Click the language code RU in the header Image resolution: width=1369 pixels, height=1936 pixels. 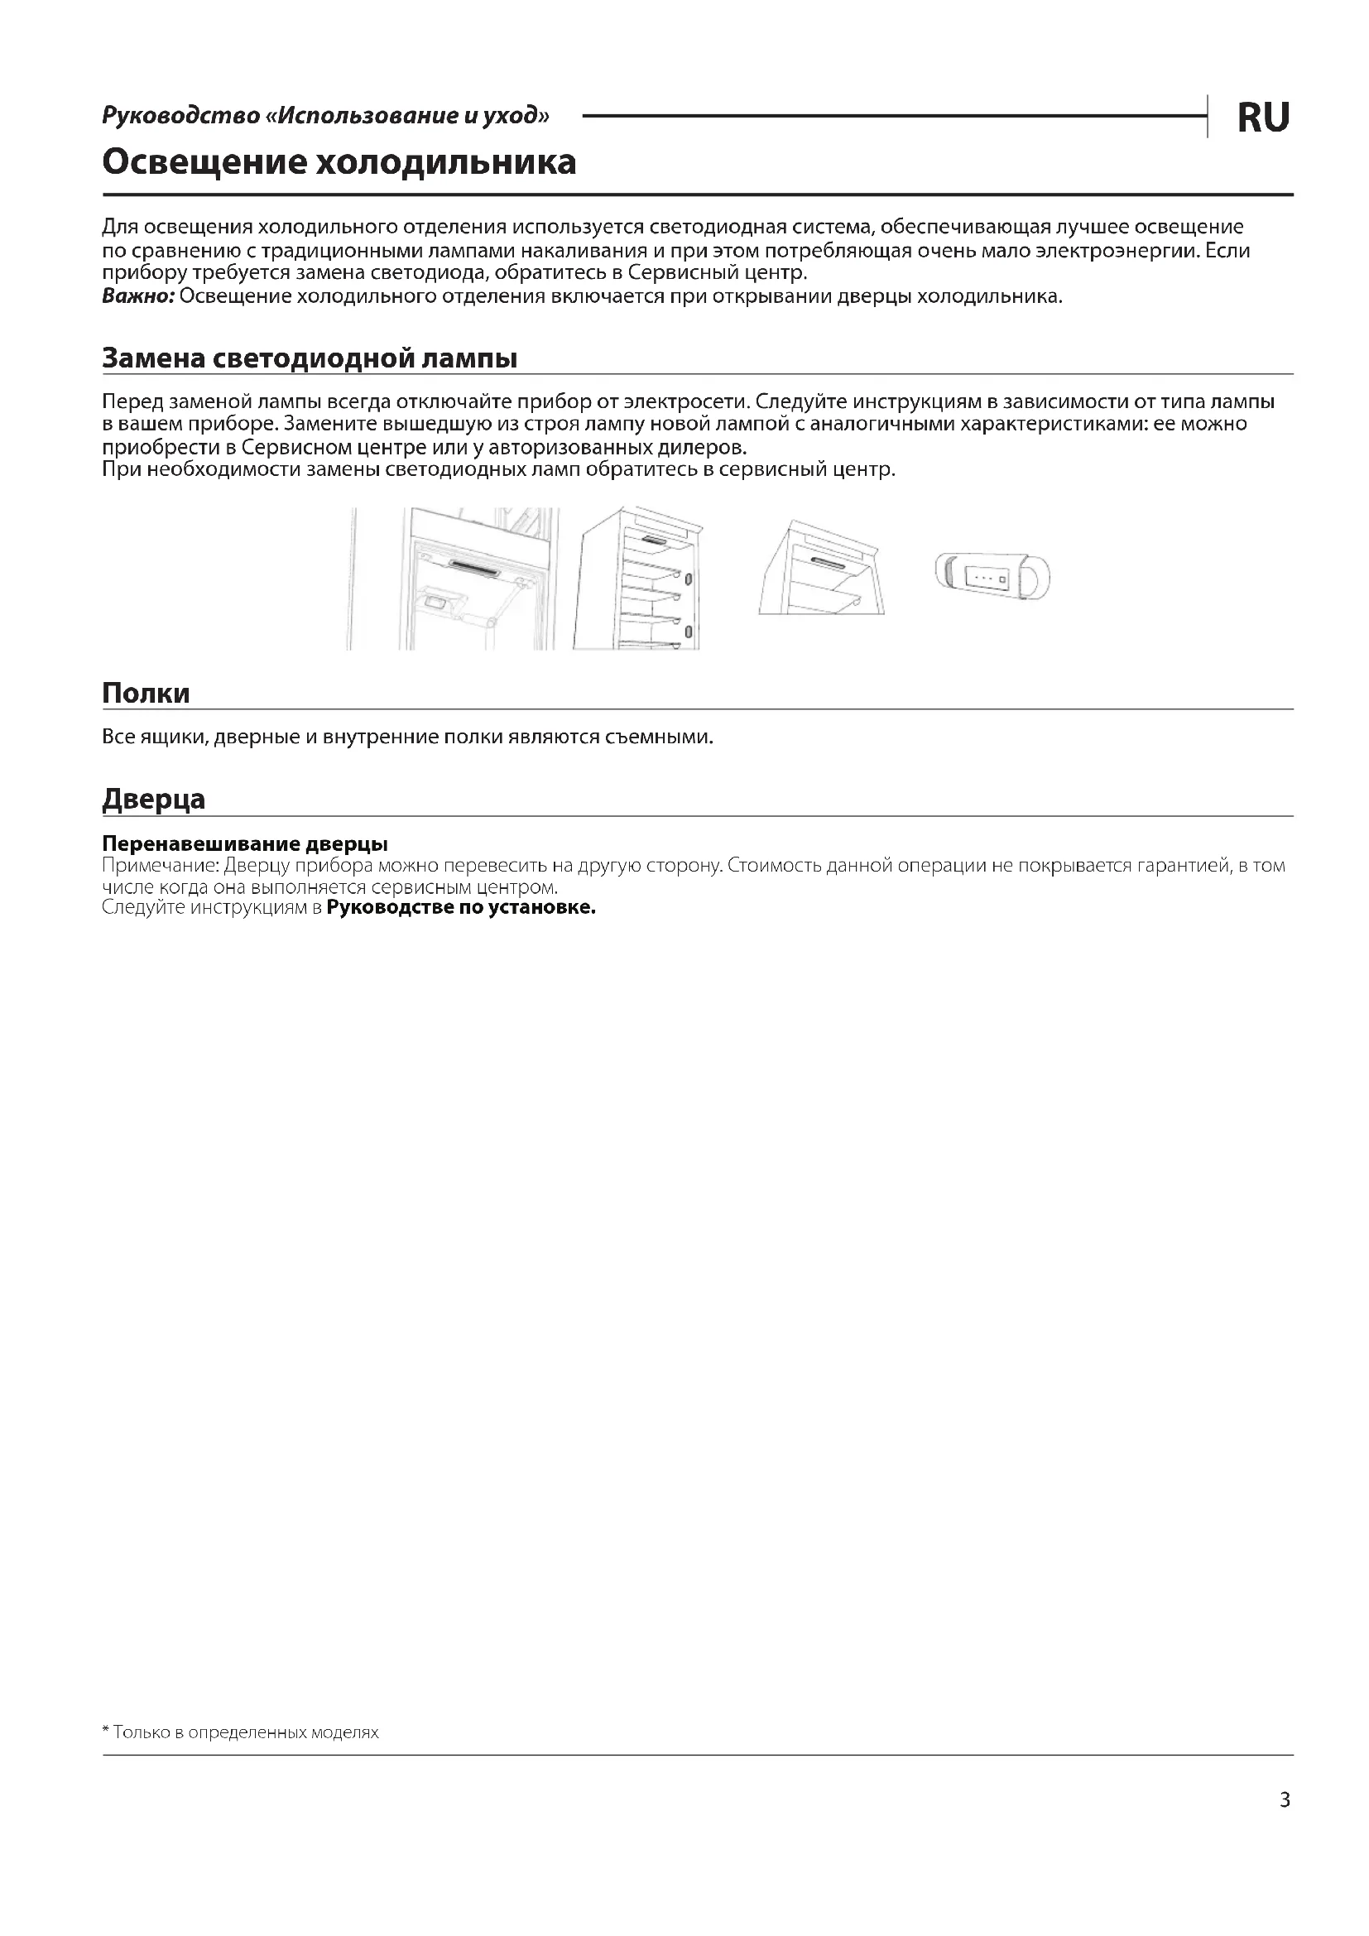pyautogui.click(x=1262, y=118)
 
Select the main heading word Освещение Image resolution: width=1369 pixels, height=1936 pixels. pyautogui.click(x=203, y=162)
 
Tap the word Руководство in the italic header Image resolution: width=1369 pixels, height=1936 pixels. pyautogui.click(x=180, y=115)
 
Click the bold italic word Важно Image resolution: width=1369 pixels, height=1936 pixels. pyautogui.click(x=137, y=296)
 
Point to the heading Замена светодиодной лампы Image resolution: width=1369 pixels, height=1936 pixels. pyautogui.click(x=310, y=358)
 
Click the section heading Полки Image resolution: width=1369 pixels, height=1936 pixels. pyautogui.click(x=146, y=693)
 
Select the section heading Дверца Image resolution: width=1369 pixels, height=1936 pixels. pyautogui.click(x=153, y=799)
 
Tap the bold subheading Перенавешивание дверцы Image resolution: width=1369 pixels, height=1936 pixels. pyautogui.click(x=244, y=843)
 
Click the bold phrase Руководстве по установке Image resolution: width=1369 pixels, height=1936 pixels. pyautogui.click(x=460, y=907)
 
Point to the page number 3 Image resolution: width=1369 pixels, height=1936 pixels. pyautogui.click(x=1285, y=1799)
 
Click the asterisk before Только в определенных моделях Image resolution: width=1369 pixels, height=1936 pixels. pyautogui.click(x=106, y=1731)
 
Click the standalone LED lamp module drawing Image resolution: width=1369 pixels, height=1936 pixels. pyautogui.click(x=992, y=577)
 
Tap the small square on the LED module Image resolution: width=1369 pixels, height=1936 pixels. pyautogui.click(x=1002, y=579)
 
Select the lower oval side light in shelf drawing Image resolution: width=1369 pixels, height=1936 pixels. pyautogui.click(x=688, y=632)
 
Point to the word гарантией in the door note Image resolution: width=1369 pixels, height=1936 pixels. pyautogui.click(x=1184, y=866)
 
